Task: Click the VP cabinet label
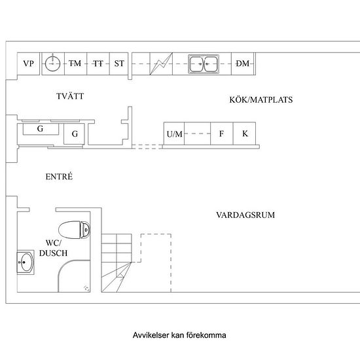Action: [x=28, y=63]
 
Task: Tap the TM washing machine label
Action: [x=75, y=63]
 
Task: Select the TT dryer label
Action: [x=98, y=63]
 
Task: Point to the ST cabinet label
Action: [x=119, y=63]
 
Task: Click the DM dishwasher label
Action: [x=243, y=63]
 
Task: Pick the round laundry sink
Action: [x=52, y=63]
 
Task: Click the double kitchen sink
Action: [x=204, y=64]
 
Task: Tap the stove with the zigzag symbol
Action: [x=161, y=63]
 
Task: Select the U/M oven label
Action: [x=175, y=134]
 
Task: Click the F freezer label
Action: [x=221, y=134]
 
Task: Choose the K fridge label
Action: [x=245, y=134]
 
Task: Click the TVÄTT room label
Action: [x=70, y=96]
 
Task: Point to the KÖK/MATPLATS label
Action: [x=261, y=99]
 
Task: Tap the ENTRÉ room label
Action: [x=59, y=176]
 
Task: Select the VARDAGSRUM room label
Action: [x=245, y=215]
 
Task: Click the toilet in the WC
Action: [x=74, y=230]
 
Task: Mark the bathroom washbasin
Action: [x=26, y=262]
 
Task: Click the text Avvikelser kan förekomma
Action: [x=179, y=335]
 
